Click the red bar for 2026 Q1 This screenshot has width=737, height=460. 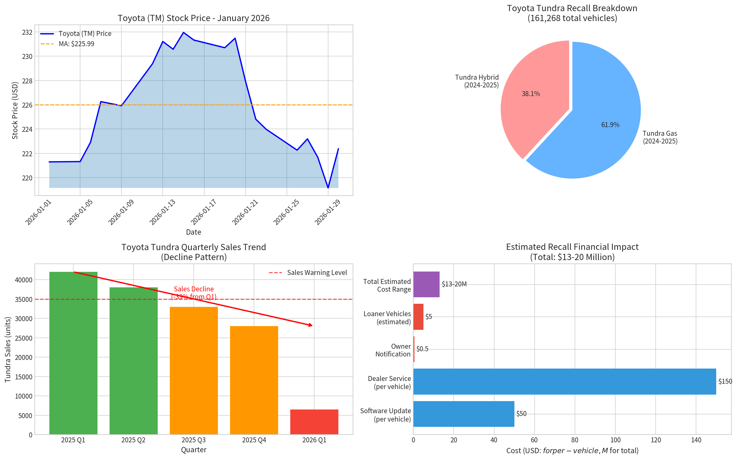tap(314, 422)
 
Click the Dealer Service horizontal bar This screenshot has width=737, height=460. tap(564, 382)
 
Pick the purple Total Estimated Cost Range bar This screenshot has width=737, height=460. tap(426, 284)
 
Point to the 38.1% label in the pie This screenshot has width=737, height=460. tap(531, 94)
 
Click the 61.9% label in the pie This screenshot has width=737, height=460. tap(610, 125)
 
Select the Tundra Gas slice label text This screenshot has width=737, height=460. tap(660, 137)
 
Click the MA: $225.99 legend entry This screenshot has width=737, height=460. tap(76, 44)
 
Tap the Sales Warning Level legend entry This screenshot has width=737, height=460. tap(317, 273)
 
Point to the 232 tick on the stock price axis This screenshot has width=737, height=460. tap(27, 33)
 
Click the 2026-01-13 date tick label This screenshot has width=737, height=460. tap(163, 212)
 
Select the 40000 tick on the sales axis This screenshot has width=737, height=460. tap(24, 280)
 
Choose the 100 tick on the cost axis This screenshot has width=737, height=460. tap(615, 440)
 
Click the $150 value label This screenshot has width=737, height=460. tap(725, 382)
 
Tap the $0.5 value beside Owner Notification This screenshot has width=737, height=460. tap(422, 349)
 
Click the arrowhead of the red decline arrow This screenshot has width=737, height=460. tap(311, 325)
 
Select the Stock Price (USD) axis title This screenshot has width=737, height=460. tap(15, 110)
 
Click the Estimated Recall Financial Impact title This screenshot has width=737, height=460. tap(572, 247)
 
